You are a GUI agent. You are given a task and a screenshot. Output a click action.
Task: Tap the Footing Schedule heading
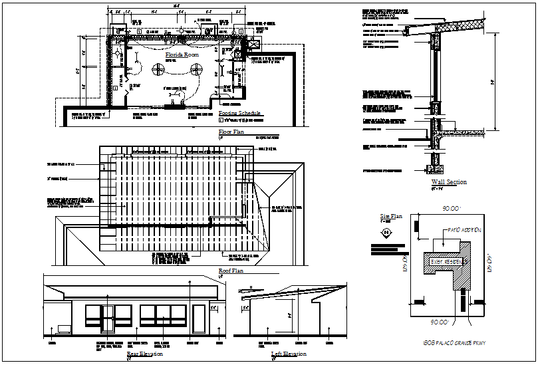click(x=241, y=114)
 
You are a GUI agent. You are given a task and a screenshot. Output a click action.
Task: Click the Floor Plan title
click(x=231, y=133)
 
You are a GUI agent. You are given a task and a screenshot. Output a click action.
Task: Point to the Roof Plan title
click(x=231, y=271)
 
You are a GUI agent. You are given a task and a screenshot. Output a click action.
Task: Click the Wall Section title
click(x=449, y=182)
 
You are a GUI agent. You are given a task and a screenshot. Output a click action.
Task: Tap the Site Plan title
click(x=391, y=217)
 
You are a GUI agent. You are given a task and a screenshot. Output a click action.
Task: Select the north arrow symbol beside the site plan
click(x=386, y=232)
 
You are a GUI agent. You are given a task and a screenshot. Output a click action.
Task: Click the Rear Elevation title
click(x=144, y=354)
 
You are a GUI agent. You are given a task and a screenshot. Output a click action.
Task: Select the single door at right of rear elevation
click(x=198, y=320)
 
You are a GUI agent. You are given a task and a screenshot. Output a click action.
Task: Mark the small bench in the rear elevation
click(x=64, y=328)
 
